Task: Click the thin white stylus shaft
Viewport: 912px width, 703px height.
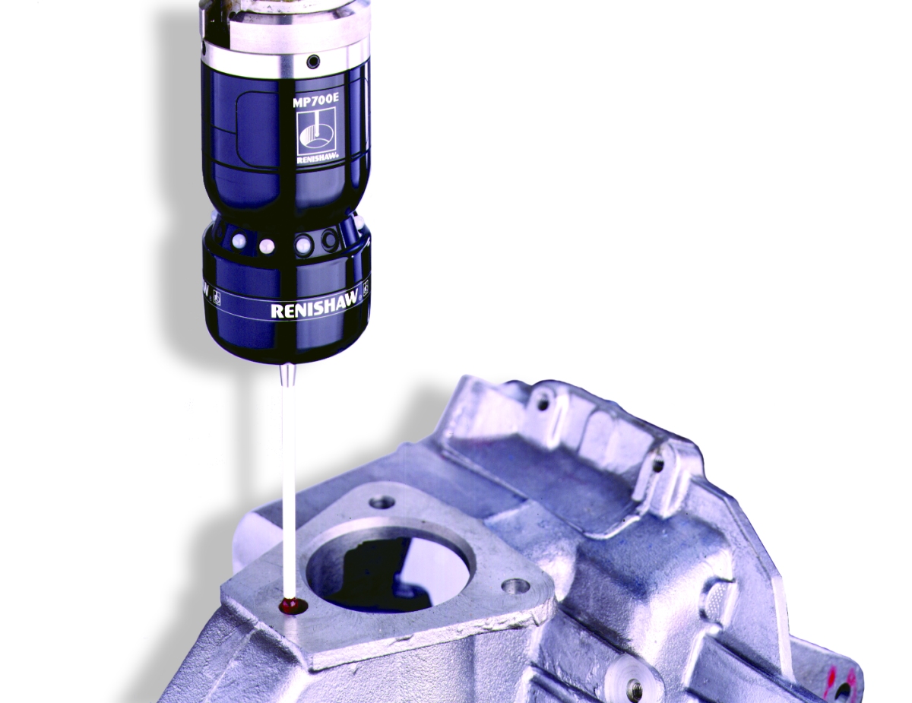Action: (x=287, y=487)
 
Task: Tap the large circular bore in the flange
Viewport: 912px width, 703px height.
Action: (x=391, y=573)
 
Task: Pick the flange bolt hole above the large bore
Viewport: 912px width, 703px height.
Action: (x=383, y=501)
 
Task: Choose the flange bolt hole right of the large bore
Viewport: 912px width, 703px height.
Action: (x=515, y=586)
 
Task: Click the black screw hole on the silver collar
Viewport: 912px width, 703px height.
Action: (x=312, y=62)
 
